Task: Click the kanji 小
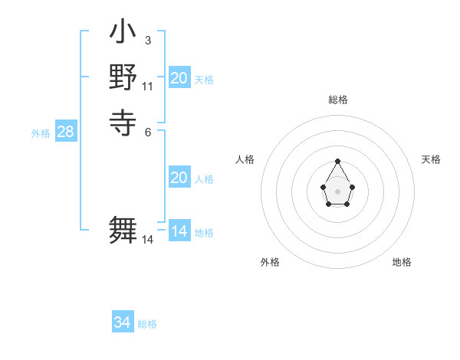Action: (x=123, y=34)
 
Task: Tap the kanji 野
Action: (x=123, y=77)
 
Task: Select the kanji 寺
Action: (x=123, y=121)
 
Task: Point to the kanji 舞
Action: (x=123, y=231)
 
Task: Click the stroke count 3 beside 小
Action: (x=147, y=41)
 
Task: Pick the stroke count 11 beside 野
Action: (x=147, y=86)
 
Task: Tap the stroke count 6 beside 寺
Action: (x=147, y=131)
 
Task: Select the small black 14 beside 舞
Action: (x=147, y=240)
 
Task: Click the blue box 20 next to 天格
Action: (x=179, y=78)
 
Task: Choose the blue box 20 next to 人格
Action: (x=179, y=178)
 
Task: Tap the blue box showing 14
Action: (x=179, y=231)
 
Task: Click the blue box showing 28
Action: (x=65, y=132)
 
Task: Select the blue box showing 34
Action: (x=123, y=322)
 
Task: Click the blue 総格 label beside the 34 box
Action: (x=147, y=324)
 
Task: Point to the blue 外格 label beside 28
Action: (x=41, y=133)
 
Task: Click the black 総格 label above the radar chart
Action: (x=337, y=100)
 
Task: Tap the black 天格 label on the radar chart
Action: (x=431, y=159)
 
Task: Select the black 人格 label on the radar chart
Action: (x=245, y=159)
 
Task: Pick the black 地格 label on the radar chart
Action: (x=402, y=262)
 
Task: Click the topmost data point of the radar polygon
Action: (x=337, y=161)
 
